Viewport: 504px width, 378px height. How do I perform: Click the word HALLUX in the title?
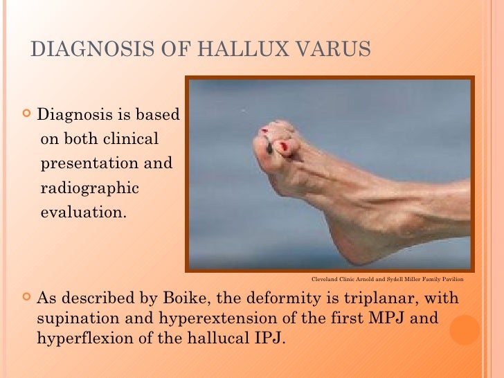coord(228,50)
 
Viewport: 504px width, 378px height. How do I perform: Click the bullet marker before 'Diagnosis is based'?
coord(27,114)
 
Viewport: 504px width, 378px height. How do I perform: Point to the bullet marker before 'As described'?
coord(27,298)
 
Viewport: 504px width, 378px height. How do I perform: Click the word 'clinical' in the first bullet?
coord(132,139)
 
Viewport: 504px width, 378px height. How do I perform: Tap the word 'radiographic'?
coord(90,188)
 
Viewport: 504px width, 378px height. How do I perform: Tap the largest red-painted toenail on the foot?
coord(284,146)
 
